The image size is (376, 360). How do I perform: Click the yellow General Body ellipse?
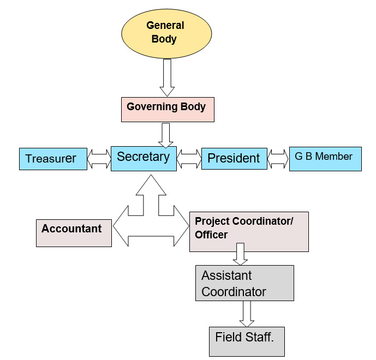(165, 32)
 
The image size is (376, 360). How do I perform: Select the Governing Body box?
(167, 109)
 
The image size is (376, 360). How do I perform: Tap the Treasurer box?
(53, 158)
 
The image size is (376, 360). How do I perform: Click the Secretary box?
(144, 158)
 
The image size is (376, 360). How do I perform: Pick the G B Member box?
(325, 158)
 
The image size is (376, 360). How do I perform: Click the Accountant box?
(74, 232)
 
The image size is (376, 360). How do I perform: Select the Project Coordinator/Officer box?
(249, 231)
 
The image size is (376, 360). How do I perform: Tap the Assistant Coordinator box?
(244, 283)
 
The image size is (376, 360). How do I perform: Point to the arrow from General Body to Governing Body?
(168, 77)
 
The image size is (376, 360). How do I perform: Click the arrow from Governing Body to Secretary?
(167, 134)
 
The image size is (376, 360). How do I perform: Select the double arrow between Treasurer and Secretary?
(99, 159)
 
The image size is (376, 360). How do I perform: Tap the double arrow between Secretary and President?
(189, 159)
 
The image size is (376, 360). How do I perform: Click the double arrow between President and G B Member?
(278, 159)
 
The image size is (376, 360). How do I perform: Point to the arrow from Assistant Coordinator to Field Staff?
(247, 314)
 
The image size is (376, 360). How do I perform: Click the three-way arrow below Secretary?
(151, 215)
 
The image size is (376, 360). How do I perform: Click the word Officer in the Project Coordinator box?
(211, 235)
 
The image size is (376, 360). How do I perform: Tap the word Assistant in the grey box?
(226, 275)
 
